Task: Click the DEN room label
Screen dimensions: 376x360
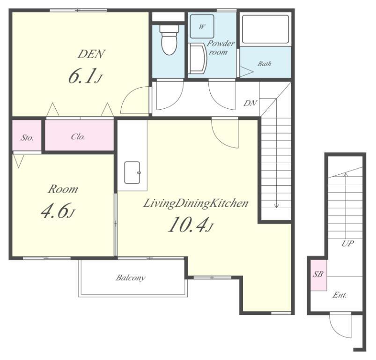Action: point(91,54)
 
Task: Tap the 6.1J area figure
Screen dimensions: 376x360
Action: point(85,76)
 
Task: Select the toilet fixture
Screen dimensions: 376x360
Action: point(170,39)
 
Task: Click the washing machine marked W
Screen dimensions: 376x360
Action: point(202,26)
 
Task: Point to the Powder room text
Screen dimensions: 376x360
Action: point(220,47)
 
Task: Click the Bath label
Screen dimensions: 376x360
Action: point(265,64)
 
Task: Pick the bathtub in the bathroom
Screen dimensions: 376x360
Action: point(265,29)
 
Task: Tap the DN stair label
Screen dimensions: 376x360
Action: point(250,103)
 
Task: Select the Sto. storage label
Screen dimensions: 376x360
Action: point(27,138)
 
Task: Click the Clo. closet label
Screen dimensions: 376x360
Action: point(78,137)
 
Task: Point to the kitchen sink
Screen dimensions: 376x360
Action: point(132,172)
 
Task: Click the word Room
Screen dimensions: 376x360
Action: point(63,189)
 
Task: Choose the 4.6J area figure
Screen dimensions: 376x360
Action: point(58,211)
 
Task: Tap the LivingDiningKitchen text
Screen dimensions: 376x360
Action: point(195,203)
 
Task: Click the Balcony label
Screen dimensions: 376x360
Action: point(131,277)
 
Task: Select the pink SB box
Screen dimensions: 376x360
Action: point(319,275)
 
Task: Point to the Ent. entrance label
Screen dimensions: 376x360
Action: point(339,295)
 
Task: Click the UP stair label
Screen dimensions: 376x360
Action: point(348,244)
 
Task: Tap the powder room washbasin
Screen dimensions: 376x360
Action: point(197,58)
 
